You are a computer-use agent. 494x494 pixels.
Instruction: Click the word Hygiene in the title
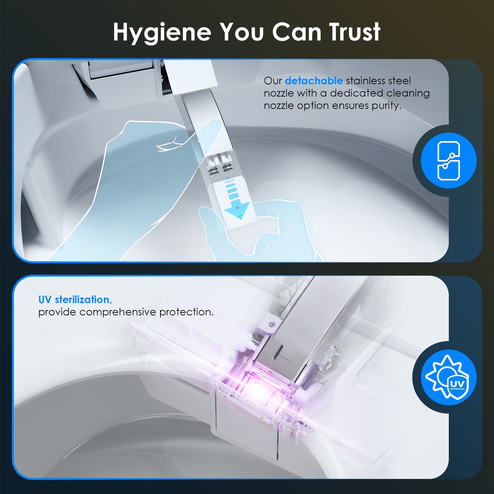pos(162,32)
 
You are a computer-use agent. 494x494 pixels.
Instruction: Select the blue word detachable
pos(314,81)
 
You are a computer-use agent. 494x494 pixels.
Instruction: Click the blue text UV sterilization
pos(75,299)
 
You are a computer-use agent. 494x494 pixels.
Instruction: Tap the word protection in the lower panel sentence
pos(187,312)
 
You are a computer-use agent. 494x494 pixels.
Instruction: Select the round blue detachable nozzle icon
pos(449,161)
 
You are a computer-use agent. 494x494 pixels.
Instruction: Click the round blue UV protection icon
pos(449,377)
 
